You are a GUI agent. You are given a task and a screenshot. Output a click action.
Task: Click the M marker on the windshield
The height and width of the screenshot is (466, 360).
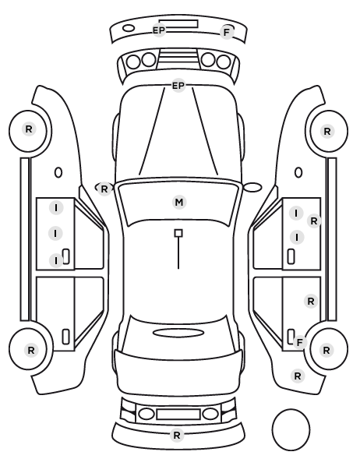[179, 203]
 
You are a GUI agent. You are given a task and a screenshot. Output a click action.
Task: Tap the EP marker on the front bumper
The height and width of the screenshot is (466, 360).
[159, 30]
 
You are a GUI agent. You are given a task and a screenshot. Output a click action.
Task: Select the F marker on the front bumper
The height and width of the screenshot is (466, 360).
[227, 33]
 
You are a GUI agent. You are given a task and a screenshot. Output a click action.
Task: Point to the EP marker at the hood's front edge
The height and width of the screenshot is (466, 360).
[178, 86]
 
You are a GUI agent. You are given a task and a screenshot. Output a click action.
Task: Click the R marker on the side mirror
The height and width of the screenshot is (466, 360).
[104, 189]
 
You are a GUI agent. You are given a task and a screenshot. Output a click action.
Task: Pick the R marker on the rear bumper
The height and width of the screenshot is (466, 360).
[177, 436]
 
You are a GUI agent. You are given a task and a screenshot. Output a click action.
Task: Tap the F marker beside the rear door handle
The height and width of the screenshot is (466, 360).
[300, 342]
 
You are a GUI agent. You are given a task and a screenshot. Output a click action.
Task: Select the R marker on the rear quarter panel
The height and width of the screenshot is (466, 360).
[298, 376]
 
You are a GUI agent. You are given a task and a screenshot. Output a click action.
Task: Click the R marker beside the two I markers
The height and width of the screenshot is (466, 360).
[314, 221]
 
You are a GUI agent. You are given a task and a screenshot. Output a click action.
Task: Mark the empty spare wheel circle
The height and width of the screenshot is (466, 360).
[291, 429]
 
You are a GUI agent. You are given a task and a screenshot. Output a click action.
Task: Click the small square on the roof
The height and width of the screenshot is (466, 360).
[178, 233]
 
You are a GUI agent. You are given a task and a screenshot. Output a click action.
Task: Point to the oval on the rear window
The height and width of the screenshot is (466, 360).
[178, 333]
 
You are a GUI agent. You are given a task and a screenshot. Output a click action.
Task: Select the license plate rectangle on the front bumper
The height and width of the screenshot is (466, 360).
[178, 24]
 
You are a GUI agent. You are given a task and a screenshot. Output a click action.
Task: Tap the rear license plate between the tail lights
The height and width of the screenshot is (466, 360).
[178, 415]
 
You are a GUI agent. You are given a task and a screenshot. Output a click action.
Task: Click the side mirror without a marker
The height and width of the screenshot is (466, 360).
[252, 188]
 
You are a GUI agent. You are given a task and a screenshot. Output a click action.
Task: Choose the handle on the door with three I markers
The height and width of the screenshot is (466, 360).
[66, 256]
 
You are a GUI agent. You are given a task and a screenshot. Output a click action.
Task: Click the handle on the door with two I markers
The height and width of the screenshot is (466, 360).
[291, 256]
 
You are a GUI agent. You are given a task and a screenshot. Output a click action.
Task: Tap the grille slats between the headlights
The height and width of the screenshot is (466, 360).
[178, 59]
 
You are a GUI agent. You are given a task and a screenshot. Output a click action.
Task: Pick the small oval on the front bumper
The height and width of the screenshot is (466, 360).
[129, 28]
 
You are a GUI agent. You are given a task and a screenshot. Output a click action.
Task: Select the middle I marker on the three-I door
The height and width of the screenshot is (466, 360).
[55, 234]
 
